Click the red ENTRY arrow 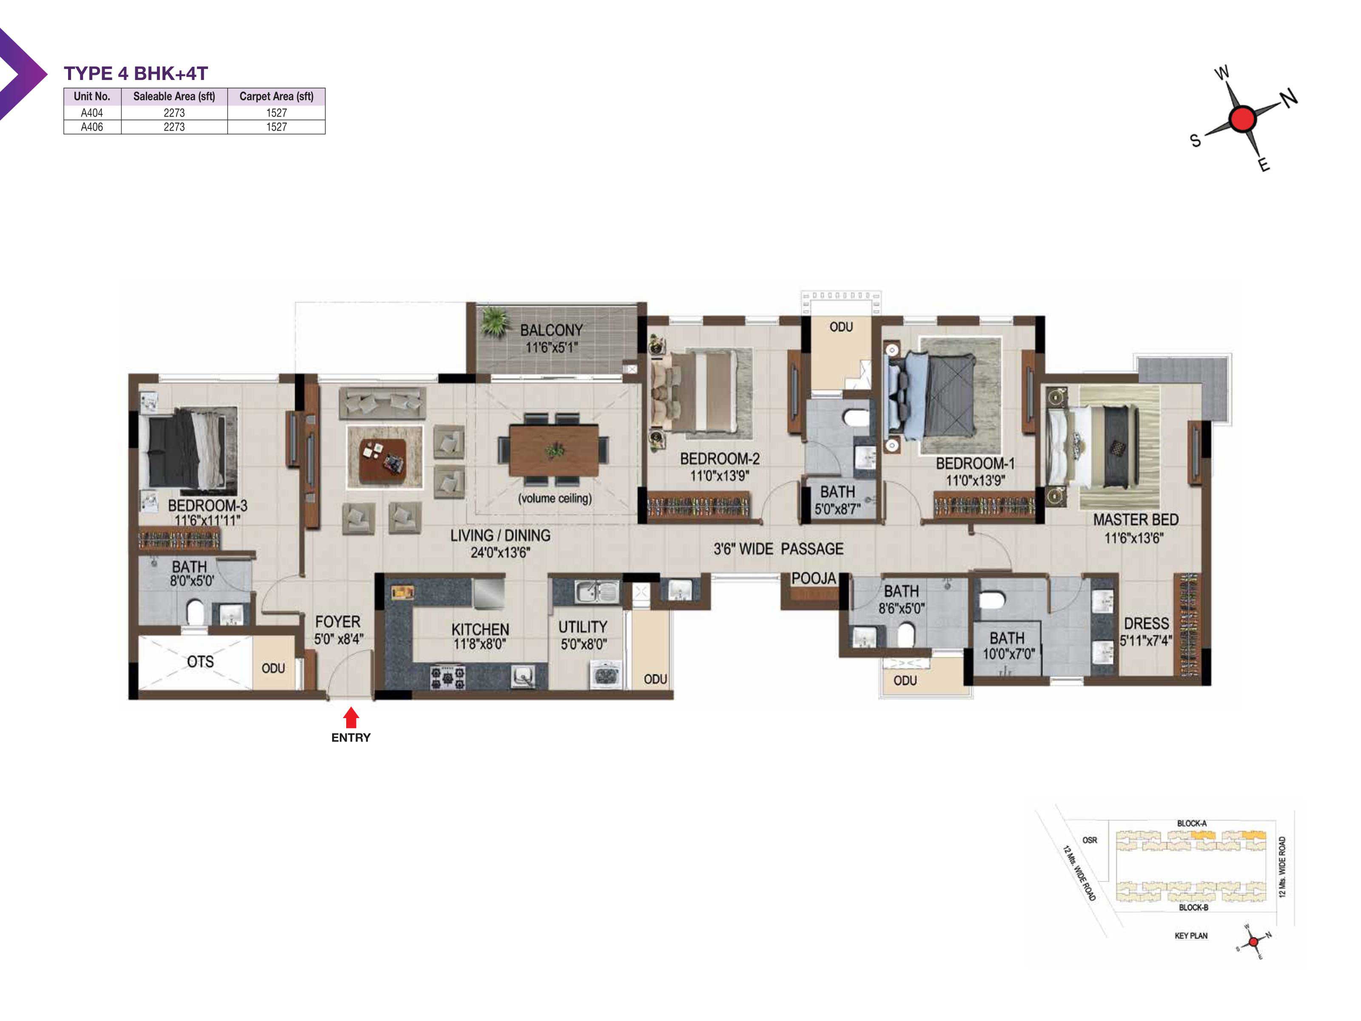coord(351,718)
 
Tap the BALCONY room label coord(551,331)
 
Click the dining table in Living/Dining coord(554,451)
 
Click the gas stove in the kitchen coord(447,677)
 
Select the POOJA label coord(813,579)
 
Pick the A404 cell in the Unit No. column coord(92,113)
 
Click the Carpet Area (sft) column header coord(276,96)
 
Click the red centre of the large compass coord(1242,119)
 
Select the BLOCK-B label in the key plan coord(1193,907)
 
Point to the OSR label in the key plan coord(1090,840)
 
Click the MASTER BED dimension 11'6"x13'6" coord(1134,539)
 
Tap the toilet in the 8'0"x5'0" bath coord(195,612)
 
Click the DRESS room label coord(1146,623)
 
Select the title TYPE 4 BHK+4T coord(136,73)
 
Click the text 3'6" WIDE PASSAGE coord(778,549)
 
